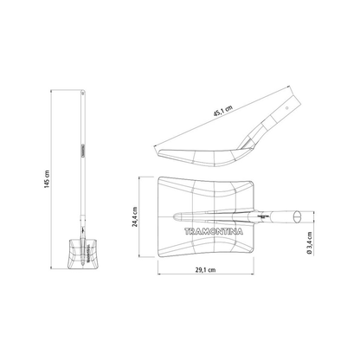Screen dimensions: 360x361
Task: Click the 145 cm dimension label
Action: click(47, 179)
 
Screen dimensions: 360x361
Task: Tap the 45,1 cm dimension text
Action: click(222, 111)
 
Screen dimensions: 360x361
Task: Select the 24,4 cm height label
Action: click(135, 216)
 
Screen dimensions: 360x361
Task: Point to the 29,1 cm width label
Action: click(205, 270)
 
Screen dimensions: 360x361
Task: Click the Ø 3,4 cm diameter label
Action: click(310, 243)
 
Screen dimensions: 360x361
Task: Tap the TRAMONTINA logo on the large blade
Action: click(214, 231)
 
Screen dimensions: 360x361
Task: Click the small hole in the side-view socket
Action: click(287, 108)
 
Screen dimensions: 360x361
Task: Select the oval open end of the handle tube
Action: click(296, 217)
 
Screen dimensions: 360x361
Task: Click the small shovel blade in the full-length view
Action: click(83, 254)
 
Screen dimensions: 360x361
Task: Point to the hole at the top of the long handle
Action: click(83, 93)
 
